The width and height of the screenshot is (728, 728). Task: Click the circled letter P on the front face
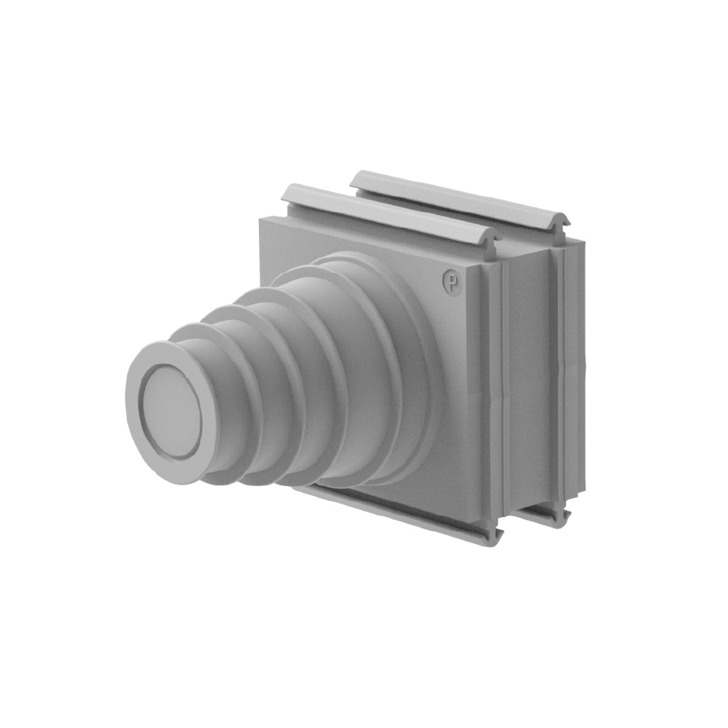click(x=451, y=281)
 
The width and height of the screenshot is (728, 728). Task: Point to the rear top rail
click(x=459, y=200)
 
